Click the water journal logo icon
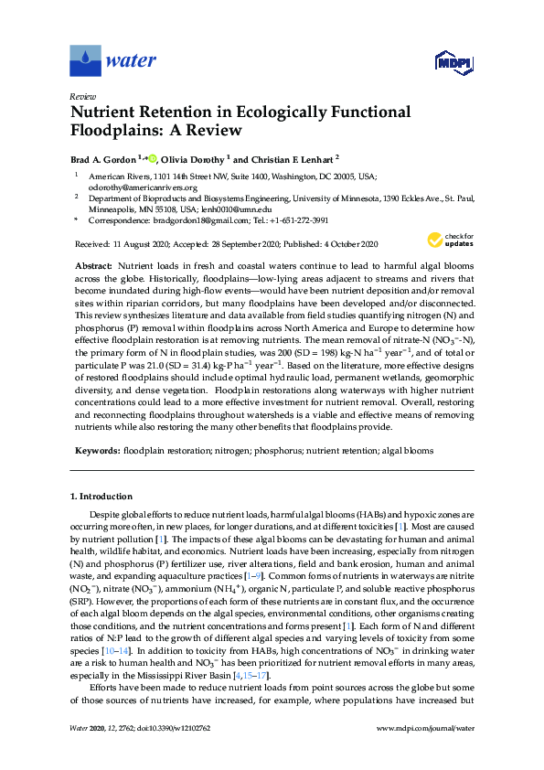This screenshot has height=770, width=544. click(x=85, y=60)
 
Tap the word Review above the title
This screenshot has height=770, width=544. click(x=83, y=95)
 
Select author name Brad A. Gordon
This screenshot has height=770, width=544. click(x=103, y=157)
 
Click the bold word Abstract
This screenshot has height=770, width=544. click(x=94, y=263)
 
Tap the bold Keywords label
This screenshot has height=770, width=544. click(x=96, y=451)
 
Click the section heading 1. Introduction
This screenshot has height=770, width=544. click(x=101, y=497)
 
